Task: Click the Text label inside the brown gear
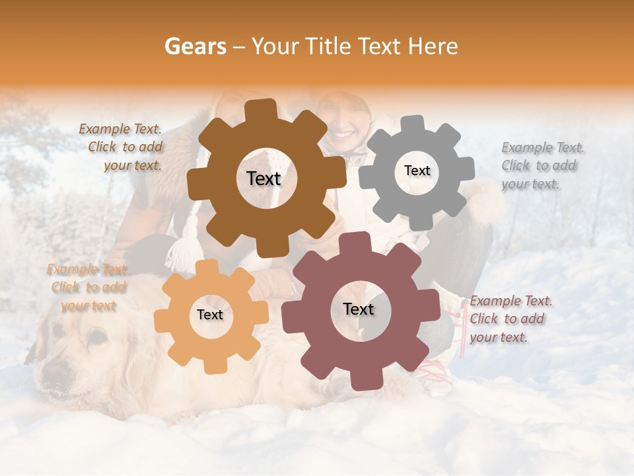pos(264,178)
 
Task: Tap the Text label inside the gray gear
pos(417,171)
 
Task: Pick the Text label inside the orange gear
pos(210,315)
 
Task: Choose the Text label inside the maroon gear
pos(359,309)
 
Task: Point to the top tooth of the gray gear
pos(413,124)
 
